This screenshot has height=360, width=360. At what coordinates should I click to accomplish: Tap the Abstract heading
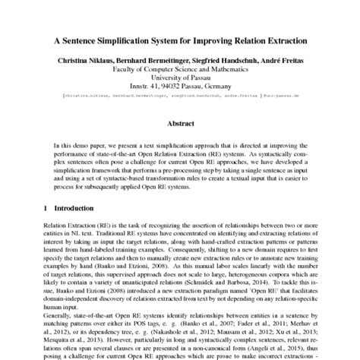click(180, 122)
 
